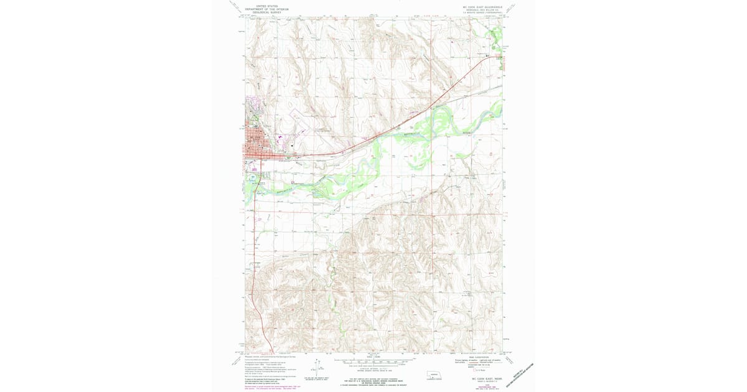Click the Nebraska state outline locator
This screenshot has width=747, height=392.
coord(431,376)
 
